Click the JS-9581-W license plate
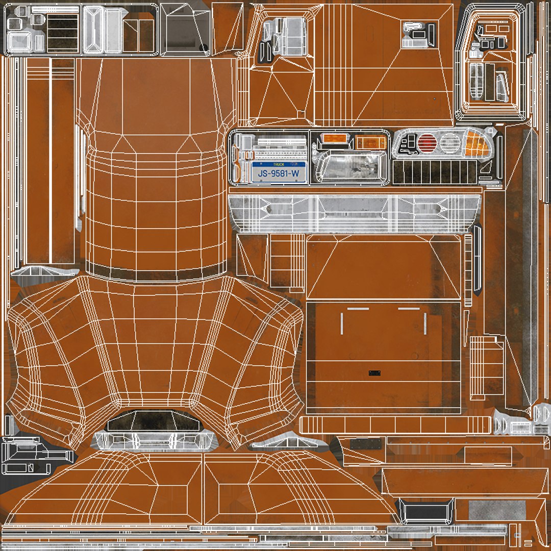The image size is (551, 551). pos(279,172)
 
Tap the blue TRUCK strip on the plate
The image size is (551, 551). pos(279,165)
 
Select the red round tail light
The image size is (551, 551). pos(428,143)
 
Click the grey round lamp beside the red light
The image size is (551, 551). pos(449,143)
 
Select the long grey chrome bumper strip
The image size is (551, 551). pos(355,211)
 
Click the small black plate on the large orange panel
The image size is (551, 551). pos(375,373)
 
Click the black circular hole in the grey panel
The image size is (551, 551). pos(203,48)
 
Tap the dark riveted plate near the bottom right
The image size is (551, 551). pos(366,444)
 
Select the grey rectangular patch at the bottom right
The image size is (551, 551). pos(496,511)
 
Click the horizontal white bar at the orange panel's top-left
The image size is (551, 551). pos(358,309)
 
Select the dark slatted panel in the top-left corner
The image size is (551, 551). pos(62,32)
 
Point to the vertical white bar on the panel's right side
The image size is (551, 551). pos(424,323)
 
